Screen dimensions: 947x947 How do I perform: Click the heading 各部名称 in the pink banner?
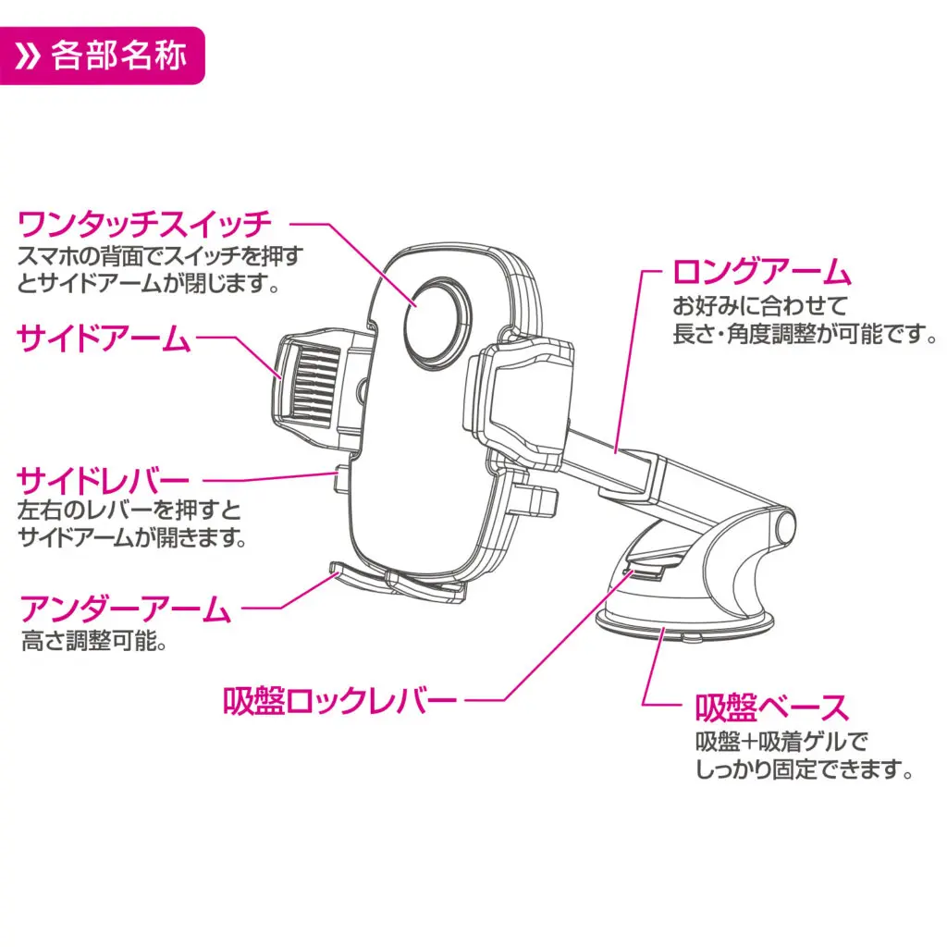[119, 56]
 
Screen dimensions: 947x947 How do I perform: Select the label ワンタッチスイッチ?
[145, 225]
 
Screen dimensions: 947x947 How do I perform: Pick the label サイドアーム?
[104, 339]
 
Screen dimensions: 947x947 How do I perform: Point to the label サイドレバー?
[104, 481]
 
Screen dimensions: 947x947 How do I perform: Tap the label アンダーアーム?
[125, 610]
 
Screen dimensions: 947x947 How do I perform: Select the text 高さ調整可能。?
[94, 641]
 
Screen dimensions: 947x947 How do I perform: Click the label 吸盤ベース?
[771, 708]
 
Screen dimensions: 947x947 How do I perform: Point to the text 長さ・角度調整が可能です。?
[805, 334]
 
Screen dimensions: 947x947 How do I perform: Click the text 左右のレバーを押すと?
[129, 510]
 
